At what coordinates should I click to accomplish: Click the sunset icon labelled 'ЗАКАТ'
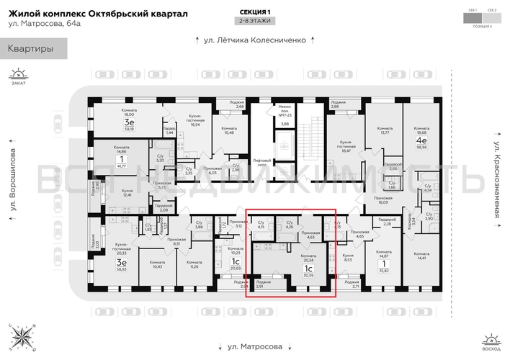(x=18, y=76)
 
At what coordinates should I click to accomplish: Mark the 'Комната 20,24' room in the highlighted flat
(x=308, y=261)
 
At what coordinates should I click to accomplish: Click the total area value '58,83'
(x=121, y=268)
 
